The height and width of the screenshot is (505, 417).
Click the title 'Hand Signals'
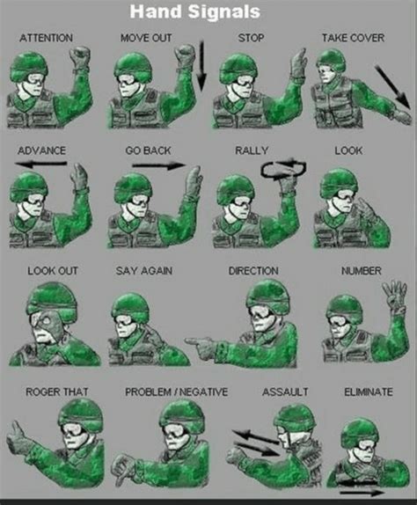pyautogui.click(x=208, y=11)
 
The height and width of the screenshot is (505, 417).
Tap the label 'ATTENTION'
pyautogui.click(x=47, y=39)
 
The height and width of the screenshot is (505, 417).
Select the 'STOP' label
pyautogui.click(x=251, y=39)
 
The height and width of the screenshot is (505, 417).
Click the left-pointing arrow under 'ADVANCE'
pyautogui.click(x=42, y=164)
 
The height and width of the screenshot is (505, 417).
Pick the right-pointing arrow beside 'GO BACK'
pyautogui.click(x=158, y=165)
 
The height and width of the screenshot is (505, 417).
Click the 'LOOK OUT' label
pyautogui.click(x=53, y=271)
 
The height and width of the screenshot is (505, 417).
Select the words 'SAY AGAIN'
pyautogui.click(x=144, y=271)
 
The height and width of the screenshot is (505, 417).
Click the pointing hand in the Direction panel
pyautogui.click(x=201, y=348)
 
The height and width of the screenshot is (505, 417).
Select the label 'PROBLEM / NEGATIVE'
pyautogui.click(x=177, y=391)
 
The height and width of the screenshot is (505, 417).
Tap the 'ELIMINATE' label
pyautogui.click(x=369, y=391)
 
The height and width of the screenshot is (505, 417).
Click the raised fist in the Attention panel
pyautogui.click(x=80, y=60)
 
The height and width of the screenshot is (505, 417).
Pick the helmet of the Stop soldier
pyautogui.click(x=238, y=65)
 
